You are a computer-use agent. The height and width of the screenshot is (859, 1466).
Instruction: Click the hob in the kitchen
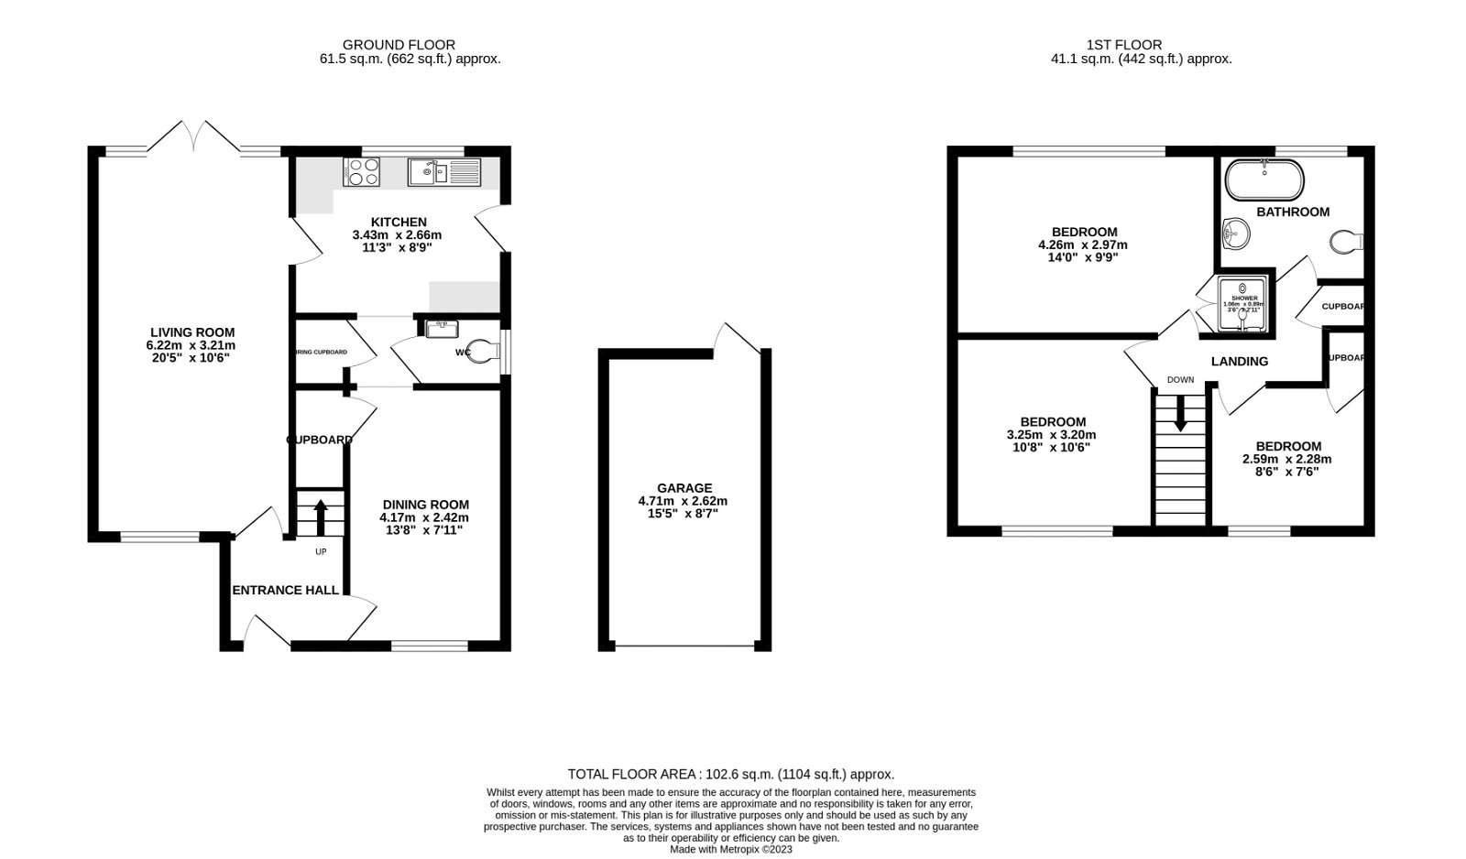361,171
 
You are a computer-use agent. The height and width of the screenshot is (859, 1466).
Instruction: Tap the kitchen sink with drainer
443,171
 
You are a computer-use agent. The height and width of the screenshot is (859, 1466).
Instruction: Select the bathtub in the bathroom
1264,180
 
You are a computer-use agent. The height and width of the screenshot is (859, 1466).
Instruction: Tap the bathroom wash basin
1236,234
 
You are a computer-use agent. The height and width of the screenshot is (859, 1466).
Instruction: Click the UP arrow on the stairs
321,516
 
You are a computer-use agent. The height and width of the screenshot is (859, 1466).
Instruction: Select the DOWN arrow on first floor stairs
1180,412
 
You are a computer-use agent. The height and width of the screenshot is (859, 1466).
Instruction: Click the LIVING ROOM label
192,332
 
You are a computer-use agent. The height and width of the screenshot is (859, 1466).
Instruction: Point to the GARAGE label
684,488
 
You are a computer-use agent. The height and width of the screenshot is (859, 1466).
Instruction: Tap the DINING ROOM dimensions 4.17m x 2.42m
425,516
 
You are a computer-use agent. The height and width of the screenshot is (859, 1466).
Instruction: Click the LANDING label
1239,362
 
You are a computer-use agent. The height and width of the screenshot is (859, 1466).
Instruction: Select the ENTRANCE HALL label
285,590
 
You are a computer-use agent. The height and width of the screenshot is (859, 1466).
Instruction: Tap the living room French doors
194,136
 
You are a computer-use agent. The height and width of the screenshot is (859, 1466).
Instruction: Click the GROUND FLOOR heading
399,44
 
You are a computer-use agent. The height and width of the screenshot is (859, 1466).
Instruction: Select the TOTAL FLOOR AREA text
730,774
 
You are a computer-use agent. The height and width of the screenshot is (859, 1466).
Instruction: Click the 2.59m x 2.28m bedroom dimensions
1286,460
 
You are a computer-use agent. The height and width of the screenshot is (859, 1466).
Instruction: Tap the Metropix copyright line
730,849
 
